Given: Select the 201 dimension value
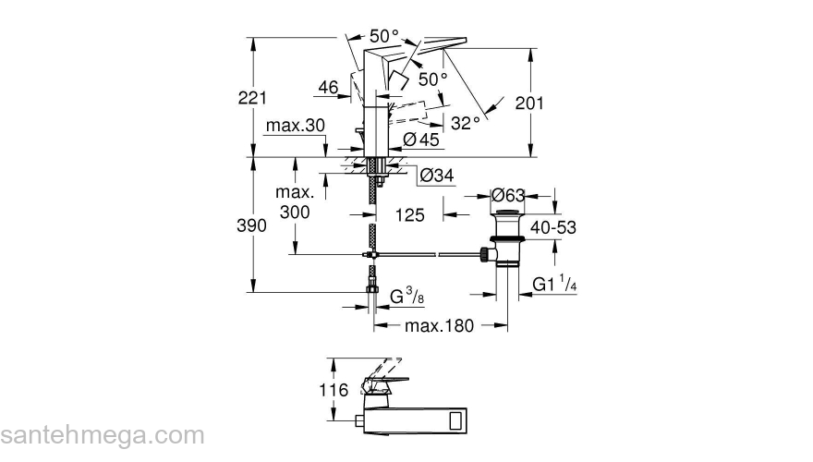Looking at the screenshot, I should click(554, 103).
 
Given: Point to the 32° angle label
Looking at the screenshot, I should click(466, 122).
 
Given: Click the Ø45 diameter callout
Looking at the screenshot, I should click(421, 140).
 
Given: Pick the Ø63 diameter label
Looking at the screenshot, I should click(508, 195).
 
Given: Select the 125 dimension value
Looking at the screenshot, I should click(408, 215).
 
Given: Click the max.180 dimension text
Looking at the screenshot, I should click(438, 325).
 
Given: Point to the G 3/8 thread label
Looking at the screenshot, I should click(406, 297).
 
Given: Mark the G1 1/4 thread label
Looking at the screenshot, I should click(555, 286).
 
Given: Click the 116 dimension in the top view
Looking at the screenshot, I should click(334, 391).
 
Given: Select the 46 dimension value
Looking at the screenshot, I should click(327, 88).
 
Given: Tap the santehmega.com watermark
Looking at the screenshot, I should click(102, 435).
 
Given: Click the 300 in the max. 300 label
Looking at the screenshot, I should click(295, 212).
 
